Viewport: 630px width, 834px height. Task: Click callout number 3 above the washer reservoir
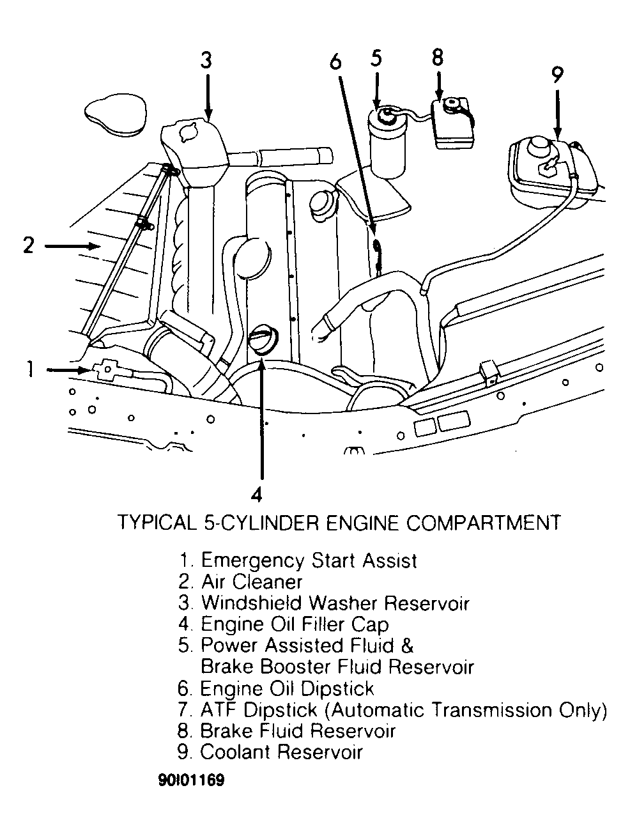(206, 60)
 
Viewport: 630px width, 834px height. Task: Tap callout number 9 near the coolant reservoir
(557, 74)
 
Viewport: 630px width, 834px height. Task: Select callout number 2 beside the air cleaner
(28, 245)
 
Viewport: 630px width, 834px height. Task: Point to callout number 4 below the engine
(256, 494)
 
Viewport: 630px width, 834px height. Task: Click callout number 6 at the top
(335, 61)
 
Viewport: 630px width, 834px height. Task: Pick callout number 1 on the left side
(29, 369)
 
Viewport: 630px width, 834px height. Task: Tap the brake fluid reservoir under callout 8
(452, 123)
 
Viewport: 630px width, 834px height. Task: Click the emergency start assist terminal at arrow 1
(105, 371)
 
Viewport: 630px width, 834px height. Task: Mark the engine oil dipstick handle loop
(378, 247)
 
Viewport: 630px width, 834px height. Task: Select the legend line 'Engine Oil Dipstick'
(276, 688)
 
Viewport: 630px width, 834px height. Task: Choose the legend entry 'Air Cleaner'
(241, 582)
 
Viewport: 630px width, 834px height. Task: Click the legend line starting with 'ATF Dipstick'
(392, 710)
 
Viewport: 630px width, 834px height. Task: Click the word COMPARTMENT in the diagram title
(483, 522)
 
